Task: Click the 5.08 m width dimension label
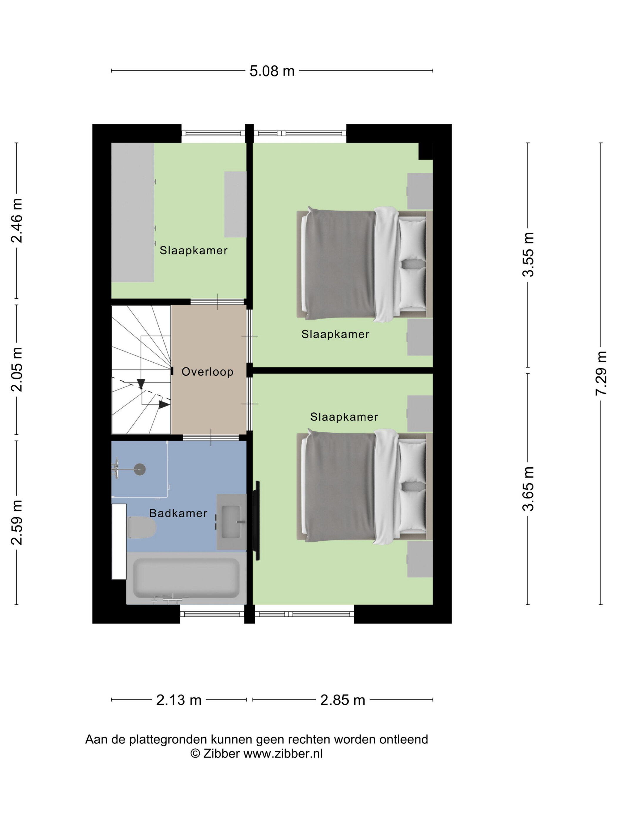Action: [x=272, y=71]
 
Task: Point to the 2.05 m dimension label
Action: [x=16, y=369]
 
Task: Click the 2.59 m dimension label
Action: [x=16, y=522]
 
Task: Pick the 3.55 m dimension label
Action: [x=528, y=255]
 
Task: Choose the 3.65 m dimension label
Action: [x=528, y=489]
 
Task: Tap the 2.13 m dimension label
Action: [x=179, y=700]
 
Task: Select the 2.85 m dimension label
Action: [x=343, y=700]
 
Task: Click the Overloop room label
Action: [x=207, y=372]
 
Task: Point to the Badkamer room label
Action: [x=178, y=513]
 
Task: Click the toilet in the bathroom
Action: [x=142, y=527]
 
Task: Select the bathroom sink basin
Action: [x=231, y=522]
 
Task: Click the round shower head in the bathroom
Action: [x=140, y=469]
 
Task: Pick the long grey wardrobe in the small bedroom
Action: [x=133, y=213]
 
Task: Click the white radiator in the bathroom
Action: [x=119, y=541]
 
